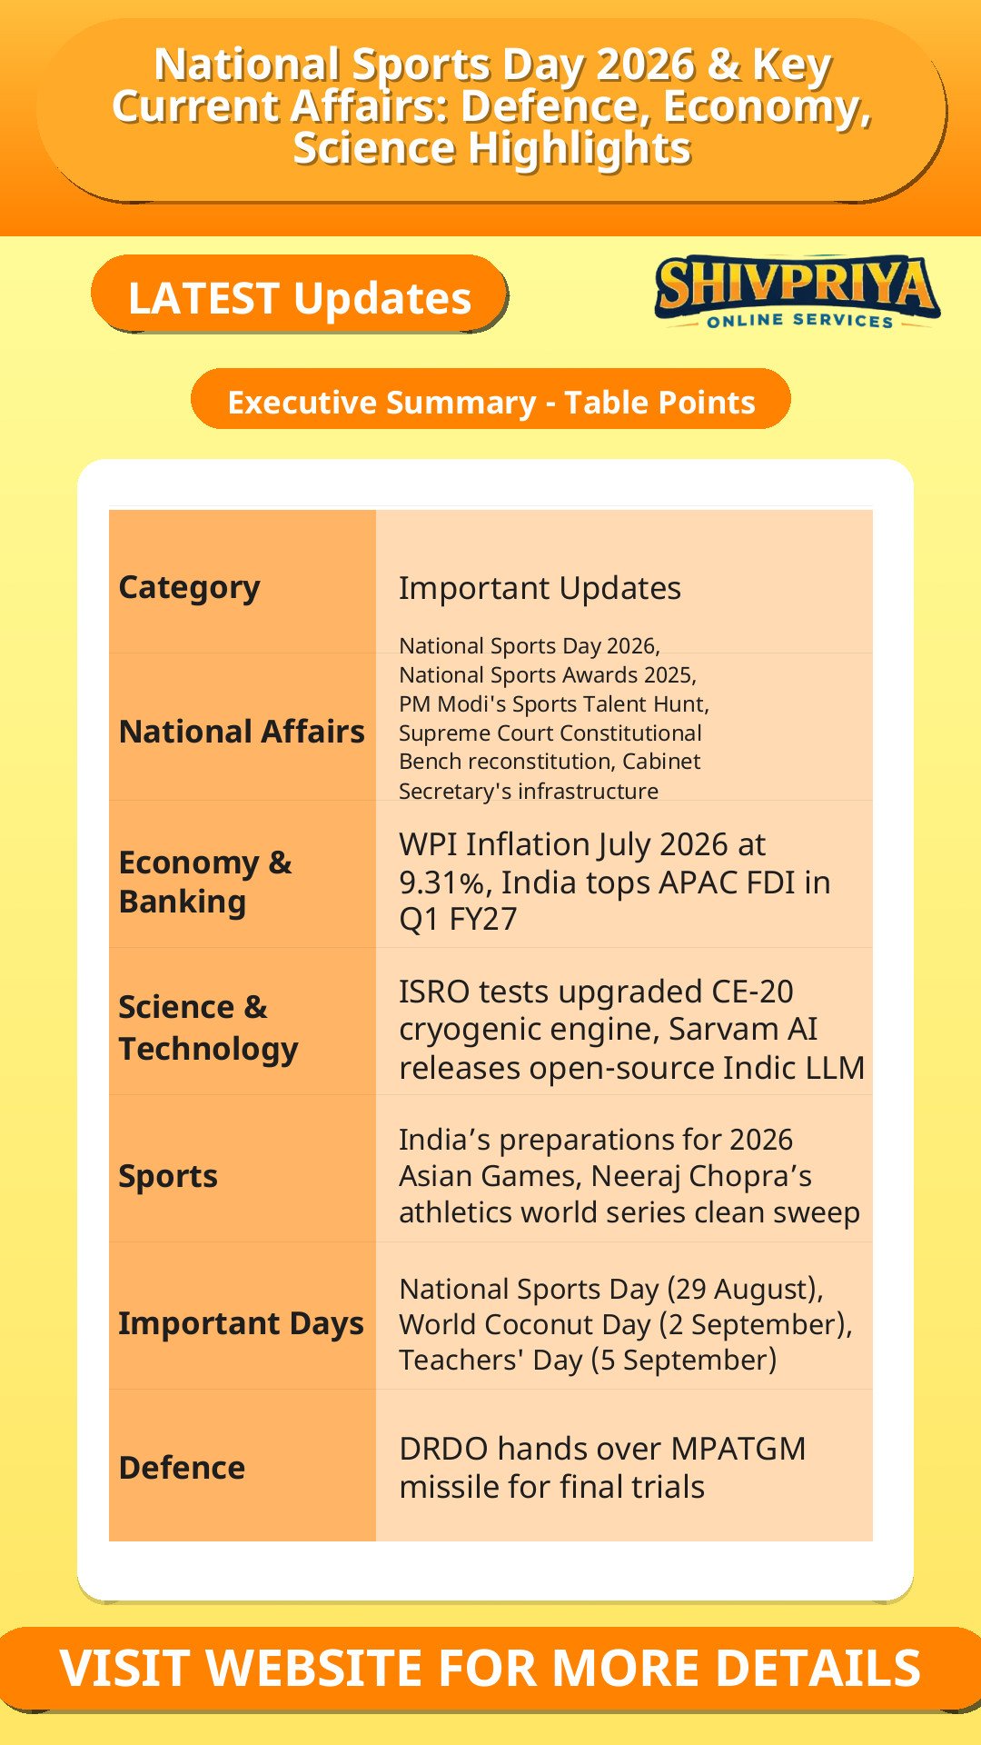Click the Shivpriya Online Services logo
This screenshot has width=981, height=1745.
797,292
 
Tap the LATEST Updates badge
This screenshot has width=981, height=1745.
299,294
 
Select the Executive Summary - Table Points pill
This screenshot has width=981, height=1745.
490,400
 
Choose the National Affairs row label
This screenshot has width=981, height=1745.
242,731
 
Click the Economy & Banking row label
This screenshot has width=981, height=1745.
205,881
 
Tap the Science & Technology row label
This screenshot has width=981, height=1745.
208,1027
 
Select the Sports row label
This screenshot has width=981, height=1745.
168,1175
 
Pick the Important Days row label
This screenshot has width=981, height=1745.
241,1322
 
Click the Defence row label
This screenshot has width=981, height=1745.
182,1467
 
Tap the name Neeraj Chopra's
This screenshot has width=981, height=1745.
701,1176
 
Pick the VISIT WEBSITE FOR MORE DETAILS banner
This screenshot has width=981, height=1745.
490,1668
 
